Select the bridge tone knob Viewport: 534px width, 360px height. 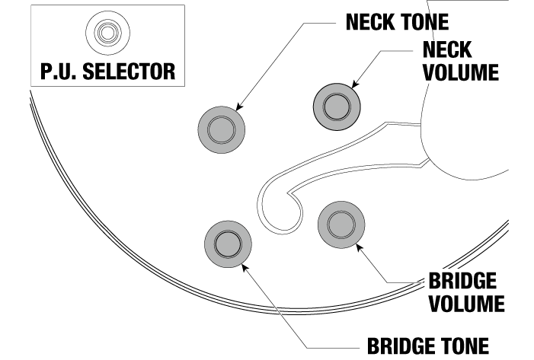click(x=228, y=243)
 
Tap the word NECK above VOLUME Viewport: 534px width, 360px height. click(x=447, y=49)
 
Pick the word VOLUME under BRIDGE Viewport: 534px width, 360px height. click(x=465, y=303)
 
